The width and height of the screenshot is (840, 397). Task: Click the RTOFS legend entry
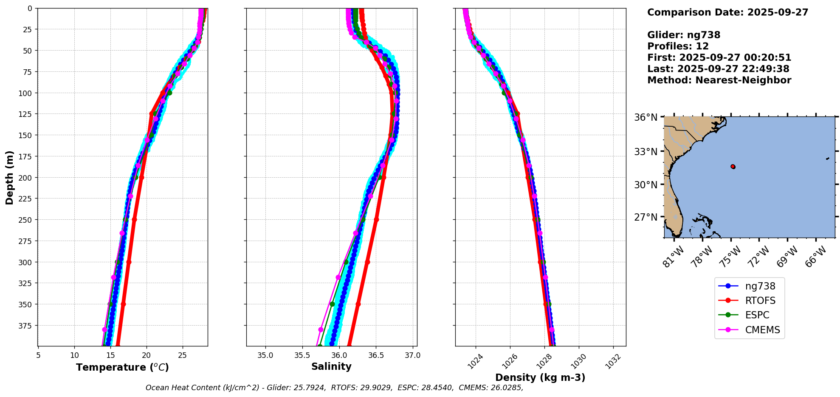coord(760,301)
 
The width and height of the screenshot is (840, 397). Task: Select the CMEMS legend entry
coord(762,330)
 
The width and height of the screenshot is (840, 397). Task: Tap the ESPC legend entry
coord(757,315)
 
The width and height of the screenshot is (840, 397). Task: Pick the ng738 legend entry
coord(760,286)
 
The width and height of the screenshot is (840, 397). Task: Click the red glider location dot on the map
coord(733,167)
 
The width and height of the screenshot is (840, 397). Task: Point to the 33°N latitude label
coord(646,152)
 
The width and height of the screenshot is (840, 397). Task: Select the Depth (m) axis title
coord(9,177)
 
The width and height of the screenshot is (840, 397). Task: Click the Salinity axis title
coord(331,367)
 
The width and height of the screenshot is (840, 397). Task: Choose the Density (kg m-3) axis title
coord(540,377)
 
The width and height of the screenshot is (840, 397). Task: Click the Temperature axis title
coord(122,367)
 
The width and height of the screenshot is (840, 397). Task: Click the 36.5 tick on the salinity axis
coord(375,355)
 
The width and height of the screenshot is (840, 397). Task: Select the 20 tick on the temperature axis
coord(147,355)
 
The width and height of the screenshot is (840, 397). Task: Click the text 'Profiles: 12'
coord(678,46)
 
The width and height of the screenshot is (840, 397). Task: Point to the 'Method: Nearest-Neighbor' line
coord(719,80)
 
